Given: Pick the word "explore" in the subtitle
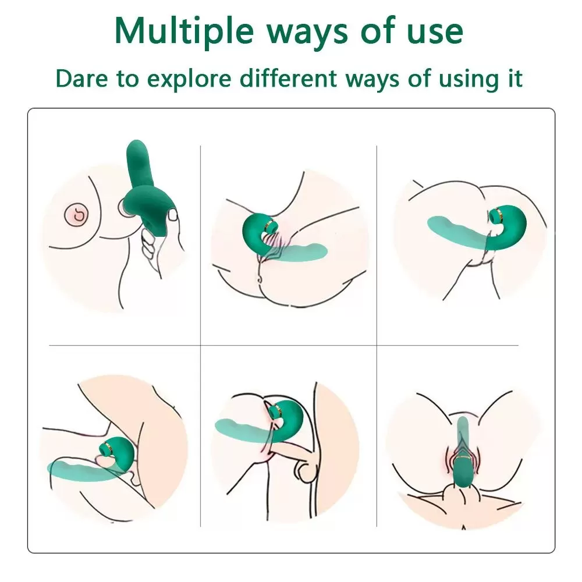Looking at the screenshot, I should click(186, 79).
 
